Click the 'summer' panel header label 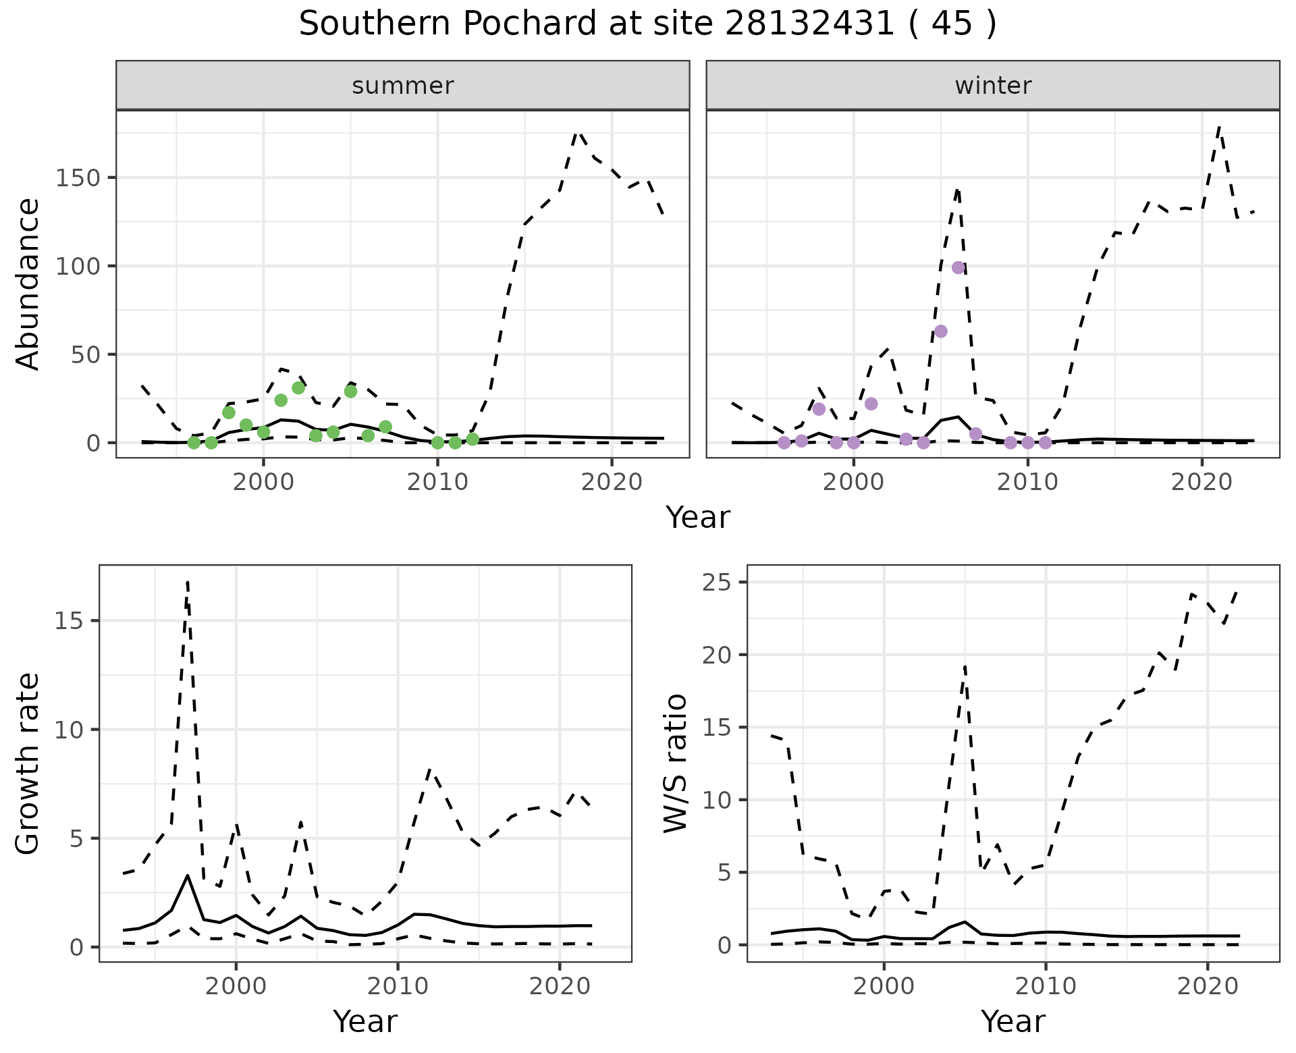[403, 86]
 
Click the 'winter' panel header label [993, 86]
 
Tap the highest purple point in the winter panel [958, 267]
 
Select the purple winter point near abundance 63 [940, 331]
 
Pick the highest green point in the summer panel [298, 387]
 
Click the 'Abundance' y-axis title [28, 283]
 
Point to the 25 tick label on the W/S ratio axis [717, 583]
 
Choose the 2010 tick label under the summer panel [437, 483]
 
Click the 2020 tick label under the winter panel [1201, 483]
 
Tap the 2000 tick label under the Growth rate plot [236, 987]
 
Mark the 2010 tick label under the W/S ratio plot [1046, 987]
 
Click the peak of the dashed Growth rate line [187, 582]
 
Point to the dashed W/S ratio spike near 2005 [965, 667]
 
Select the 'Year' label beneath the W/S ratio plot [1013, 1021]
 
